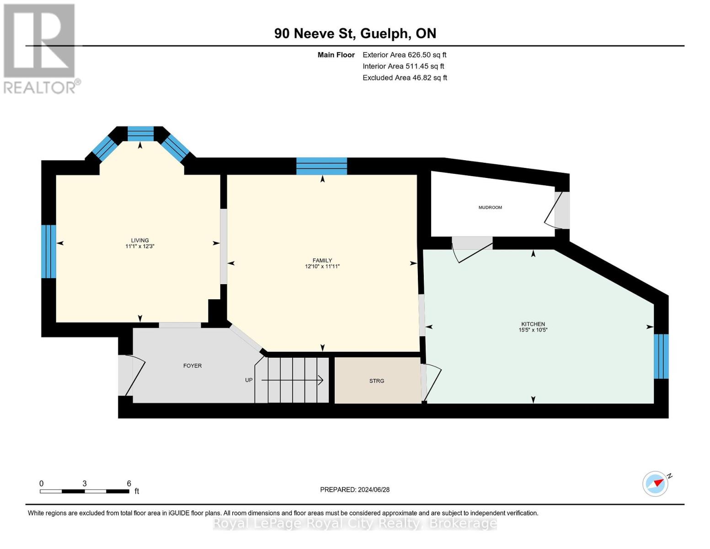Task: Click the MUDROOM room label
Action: tap(490, 207)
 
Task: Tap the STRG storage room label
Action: tap(377, 381)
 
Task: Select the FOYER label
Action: tap(192, 366)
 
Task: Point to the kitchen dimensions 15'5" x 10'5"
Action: tap(533, 330)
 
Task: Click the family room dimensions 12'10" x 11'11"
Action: tap(322, 266)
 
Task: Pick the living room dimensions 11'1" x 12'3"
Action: tap(139, 246)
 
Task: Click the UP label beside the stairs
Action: tap(249, 380)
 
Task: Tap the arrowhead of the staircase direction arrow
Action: tap(321, 380)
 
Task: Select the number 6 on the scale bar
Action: tap(129, 483)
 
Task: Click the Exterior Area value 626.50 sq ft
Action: tap(427, 55)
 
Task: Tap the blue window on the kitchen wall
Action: tap(661, 356)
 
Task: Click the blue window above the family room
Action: tap(321, 166)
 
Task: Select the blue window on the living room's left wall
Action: tap(48, 251)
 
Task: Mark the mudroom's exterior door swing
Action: tap(553, 210)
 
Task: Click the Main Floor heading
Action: tap(336, 55)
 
